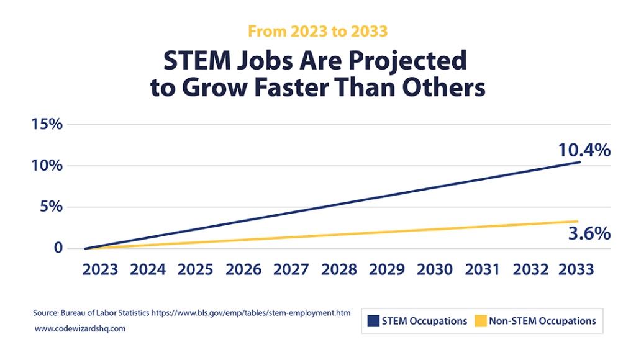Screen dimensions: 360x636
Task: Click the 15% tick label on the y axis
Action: tap(47, 124)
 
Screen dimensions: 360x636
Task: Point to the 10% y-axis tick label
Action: tap(47, 166)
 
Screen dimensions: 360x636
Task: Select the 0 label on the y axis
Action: tap(58, 248)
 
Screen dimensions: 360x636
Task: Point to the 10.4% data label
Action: tap(584, 150)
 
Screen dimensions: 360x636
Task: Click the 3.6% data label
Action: tap(589, 234)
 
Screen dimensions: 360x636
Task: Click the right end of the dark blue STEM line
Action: tap(579, 163)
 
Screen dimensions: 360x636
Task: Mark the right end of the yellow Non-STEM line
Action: tap(577, 222)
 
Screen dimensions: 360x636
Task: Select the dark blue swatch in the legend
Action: tap(373, 321)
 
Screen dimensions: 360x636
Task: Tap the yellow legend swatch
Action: tap(479, 321)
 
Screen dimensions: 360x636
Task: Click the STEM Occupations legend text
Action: tap(424, 321)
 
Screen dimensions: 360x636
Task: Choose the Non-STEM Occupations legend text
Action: tap(542, 321)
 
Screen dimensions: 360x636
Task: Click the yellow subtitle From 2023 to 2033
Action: tap(317, 30)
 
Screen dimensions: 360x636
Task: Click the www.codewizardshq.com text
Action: tap(80, 329)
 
